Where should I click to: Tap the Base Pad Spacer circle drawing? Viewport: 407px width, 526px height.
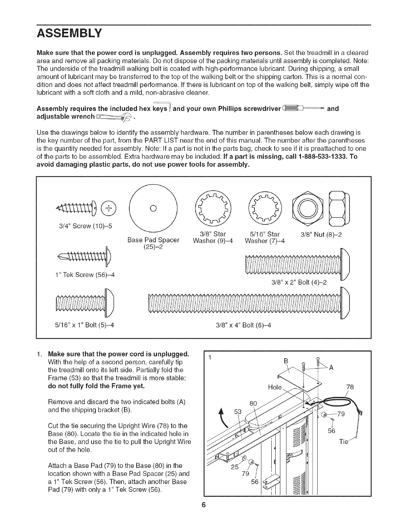[x=151, y=208]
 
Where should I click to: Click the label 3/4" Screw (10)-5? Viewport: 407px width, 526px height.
[x=85, y=226]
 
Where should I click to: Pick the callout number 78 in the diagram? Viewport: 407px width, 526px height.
[x=350, y=387]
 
